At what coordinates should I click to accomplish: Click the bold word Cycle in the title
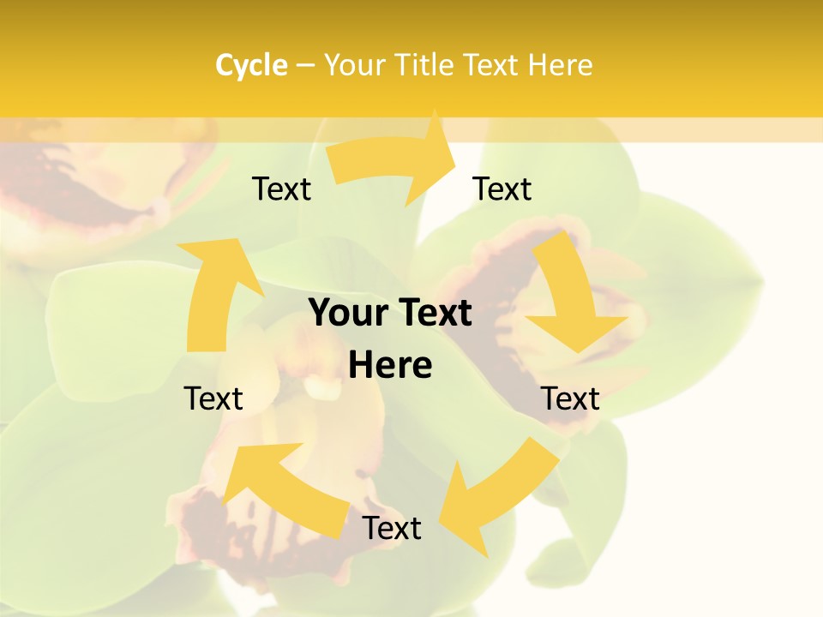pos(251,65)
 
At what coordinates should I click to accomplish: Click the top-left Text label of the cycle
pos(281,189)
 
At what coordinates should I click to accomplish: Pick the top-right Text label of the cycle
pos(502,189)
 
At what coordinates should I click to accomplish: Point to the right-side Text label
pos(570,398)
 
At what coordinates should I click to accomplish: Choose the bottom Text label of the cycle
pos(392,528)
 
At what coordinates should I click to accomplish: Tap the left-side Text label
pos(213,398)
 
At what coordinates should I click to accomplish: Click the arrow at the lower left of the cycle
pos(283,488)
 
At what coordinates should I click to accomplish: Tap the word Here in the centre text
pos(390,365)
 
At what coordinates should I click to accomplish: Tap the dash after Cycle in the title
pos(306,65)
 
